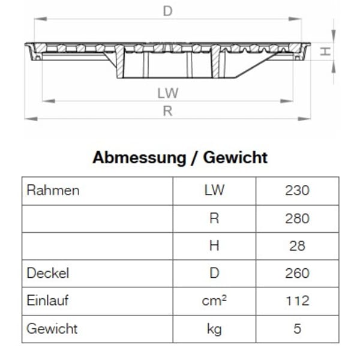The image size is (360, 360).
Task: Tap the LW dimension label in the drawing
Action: pyautogui.click(x=169, y=93)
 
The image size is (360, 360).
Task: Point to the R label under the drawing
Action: pyautogui.click(x=168, y=111)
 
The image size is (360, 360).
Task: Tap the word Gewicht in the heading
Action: pyautogui.click(x=235, y=158)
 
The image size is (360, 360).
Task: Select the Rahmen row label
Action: pyautogui.click(x=53, y=191)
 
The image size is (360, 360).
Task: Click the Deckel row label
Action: pyautogui.click(x=48, y=274)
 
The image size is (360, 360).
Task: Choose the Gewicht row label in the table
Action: pyautogui.click(x=52, y=329)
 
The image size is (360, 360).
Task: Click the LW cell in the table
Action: pyautogui.click(x=214, y=191)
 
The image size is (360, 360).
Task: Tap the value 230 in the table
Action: pyautogui.click(x=297, y=191)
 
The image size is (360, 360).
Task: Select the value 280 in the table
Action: pyautogui.click(x=297, y=218)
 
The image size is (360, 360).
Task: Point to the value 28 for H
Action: pyautogui.click(x=297, y=246)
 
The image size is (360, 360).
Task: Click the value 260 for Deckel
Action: pyautogui.click(x=297, y=274)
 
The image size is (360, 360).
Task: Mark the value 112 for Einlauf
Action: pyautogui.click(x=297, y=301)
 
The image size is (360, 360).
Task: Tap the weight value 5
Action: pyautogui.click(x=297, y=329)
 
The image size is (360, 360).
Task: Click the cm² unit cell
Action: pyautogui.click(x=214, y=301)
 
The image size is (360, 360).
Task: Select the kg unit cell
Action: pyautogui.click(x=214, y=329)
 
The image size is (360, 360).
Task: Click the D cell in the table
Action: pyautogui.click(x=214, y=274)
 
